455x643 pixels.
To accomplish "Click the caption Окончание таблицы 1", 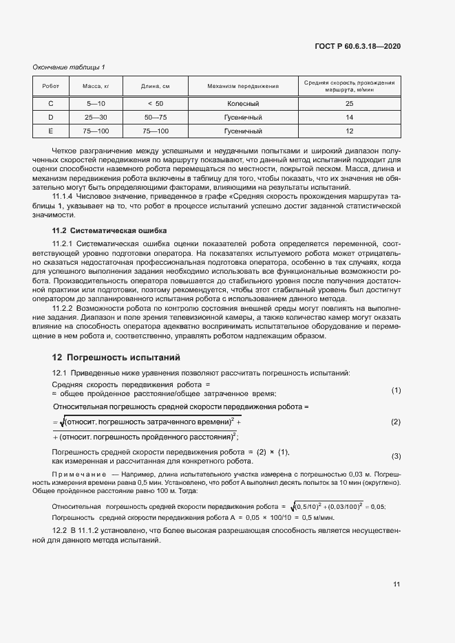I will tap(69, 67).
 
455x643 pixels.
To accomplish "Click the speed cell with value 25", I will tap(349, 103).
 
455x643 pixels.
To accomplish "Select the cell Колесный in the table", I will tap(242, 103).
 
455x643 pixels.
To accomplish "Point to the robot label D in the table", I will tap(51, 117).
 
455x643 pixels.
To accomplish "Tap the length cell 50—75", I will tap(155, 117).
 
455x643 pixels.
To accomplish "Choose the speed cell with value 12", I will tap(349, 131).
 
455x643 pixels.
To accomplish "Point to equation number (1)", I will tap(396, 391).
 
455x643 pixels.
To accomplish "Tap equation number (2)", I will tap(396, 422).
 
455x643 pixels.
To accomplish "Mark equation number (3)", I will tap(396, 456).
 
